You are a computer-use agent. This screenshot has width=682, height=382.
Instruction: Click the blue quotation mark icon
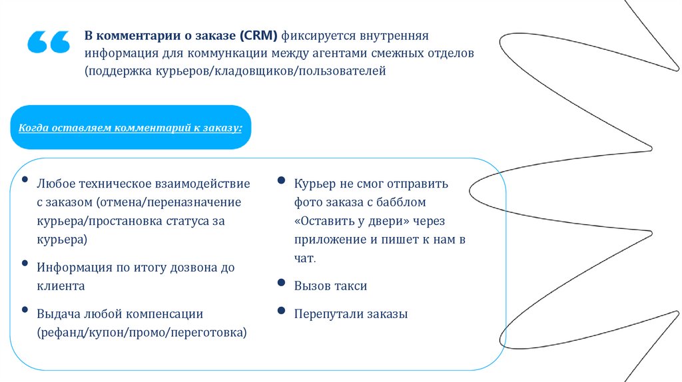(x=49, y=42)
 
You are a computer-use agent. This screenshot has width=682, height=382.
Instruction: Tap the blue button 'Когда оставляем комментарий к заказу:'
(x=131, y=127)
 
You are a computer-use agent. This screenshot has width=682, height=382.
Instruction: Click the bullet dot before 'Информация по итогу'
(x=25, y=264)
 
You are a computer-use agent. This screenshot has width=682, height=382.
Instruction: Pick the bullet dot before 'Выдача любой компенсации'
(x=25, y=309)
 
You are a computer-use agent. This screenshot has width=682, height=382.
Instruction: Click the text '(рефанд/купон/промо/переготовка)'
(x=142, y=331)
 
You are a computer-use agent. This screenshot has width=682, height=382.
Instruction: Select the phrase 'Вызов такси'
(x=330, y=286)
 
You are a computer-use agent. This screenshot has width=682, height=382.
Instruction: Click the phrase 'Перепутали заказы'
(x=350, y=314)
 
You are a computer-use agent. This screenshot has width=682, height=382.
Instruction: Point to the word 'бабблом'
(x=400, y=202)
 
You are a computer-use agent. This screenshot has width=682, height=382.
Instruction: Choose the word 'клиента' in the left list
(x=61, y=286)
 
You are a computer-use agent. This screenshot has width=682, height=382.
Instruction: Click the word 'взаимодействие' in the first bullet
(x=205, y=183)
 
